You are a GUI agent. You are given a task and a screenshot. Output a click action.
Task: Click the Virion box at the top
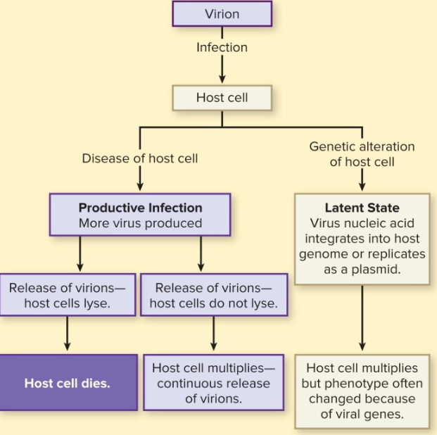(x=222, y=14)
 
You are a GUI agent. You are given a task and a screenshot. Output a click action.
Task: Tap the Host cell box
(x=222, y=98)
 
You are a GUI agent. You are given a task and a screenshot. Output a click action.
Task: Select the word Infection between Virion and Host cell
(x=222, y=48)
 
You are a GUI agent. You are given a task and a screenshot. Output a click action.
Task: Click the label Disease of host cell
(x=140, y=158)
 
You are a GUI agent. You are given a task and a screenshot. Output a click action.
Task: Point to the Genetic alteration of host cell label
(x=362, y=154)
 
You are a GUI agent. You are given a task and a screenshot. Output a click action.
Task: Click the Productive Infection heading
(x=140, y=208)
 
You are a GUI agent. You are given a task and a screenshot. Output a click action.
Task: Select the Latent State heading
(x=362, y=208)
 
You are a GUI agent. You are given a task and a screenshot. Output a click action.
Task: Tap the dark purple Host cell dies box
(x=68, y=384)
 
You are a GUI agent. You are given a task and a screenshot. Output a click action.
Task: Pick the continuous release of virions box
(x=213, y=384)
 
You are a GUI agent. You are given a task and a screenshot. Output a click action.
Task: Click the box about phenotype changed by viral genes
(x=362, y=391)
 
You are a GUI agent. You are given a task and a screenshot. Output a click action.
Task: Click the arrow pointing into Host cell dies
(x=68, y=334)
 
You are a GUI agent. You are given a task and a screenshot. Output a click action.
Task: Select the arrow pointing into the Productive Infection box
(x=140, y=179)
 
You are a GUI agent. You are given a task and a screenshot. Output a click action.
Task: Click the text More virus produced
(x=140, y=224)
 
